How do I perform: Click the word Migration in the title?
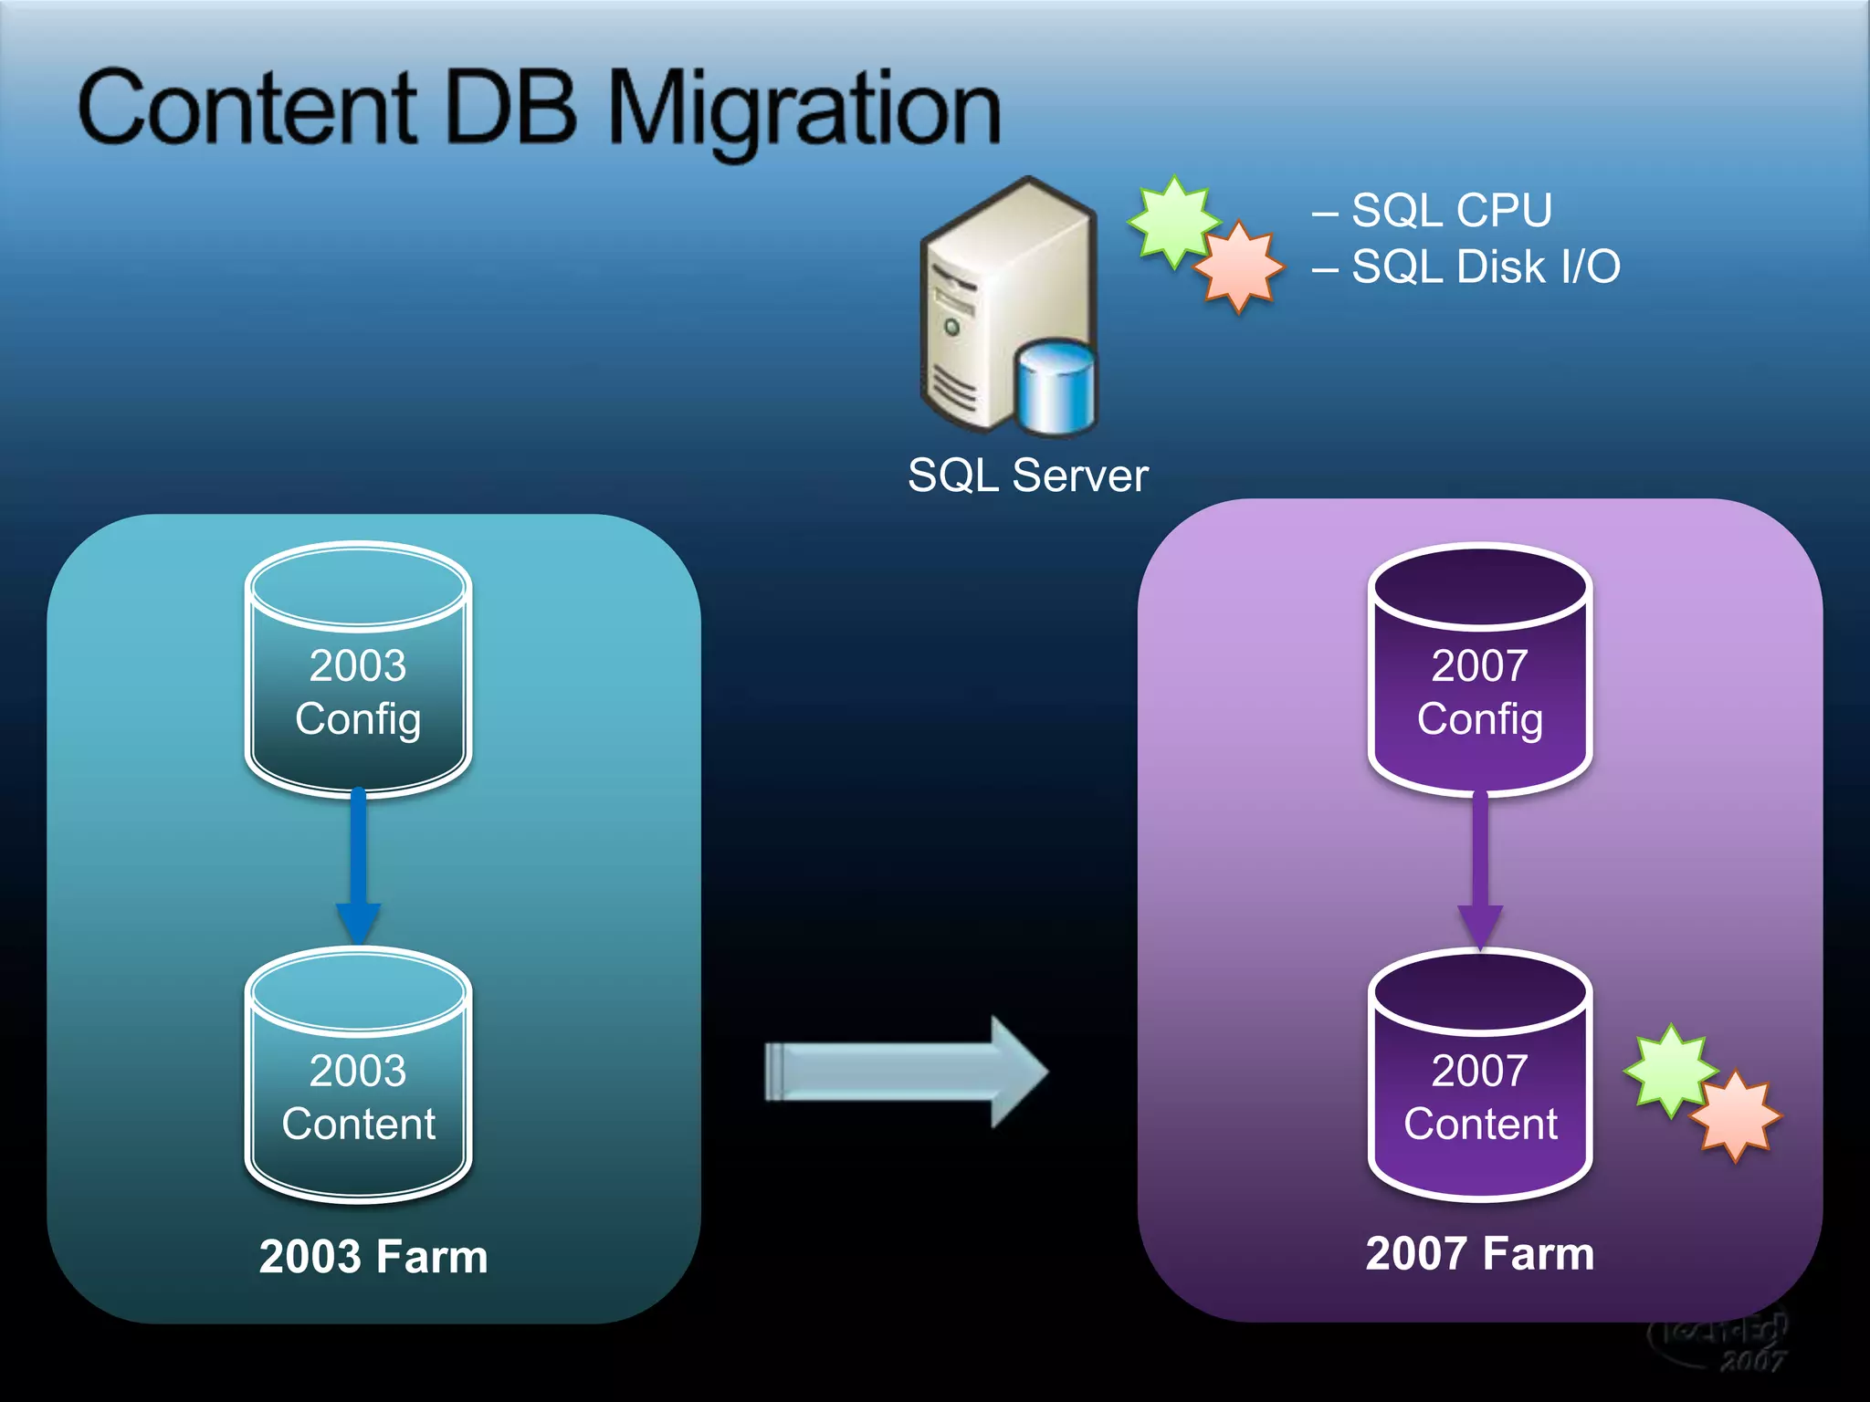[804, 110]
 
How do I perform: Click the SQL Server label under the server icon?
[1027, 476]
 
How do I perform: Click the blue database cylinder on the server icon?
[1056, 388]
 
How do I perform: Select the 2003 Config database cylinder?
[358, 675]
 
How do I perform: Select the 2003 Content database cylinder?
[358, 1082]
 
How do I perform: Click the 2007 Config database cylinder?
[1479, 675]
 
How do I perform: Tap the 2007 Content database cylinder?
[1479, 1082]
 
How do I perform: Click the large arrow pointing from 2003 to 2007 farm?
[904, 1072]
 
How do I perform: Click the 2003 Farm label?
[373, 1257]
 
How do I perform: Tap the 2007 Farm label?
[1479, 1253]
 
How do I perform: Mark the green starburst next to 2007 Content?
[1668, 1069]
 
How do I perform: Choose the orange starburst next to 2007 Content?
[1735, 1115]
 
